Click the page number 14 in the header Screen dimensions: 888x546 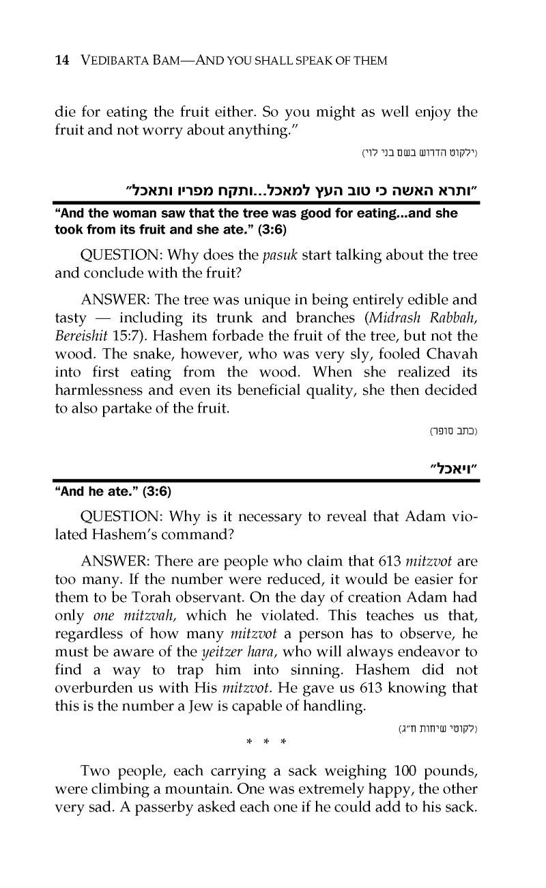click(x=61, y=61)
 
